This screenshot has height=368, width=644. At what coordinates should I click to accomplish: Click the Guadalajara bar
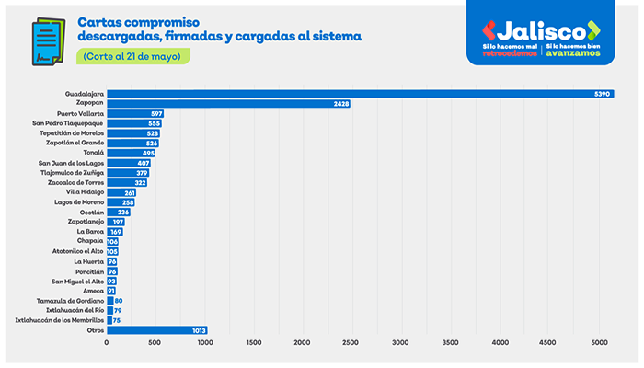359,94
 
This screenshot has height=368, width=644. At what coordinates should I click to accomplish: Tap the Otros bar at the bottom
156,330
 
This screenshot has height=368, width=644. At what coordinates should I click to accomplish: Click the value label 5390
603,94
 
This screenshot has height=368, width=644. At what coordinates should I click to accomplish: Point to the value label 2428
340,104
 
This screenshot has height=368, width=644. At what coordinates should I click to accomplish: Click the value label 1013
197,330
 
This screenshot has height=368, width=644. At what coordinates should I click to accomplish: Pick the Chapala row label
89,241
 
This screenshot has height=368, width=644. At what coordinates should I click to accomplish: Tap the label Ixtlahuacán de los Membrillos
53,320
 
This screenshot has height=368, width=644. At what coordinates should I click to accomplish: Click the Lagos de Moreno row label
79,201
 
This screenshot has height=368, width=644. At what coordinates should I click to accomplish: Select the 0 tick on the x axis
107,343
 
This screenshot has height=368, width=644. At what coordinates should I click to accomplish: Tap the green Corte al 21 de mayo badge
132,56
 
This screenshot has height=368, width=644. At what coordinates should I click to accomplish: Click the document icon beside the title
43,41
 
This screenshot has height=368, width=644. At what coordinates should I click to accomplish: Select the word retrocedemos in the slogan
512,53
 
